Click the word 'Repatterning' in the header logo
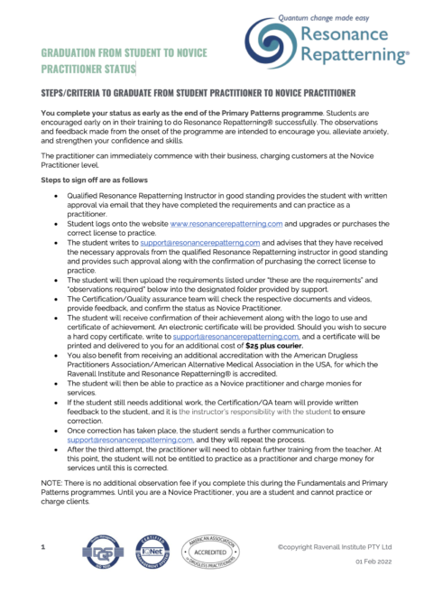(x=355, y=55)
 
